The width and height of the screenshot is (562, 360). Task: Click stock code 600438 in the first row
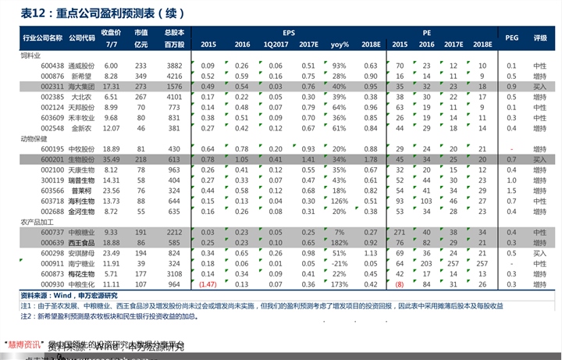click(x=52, y=66)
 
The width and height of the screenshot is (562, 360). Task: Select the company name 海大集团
click(x=82, y=87)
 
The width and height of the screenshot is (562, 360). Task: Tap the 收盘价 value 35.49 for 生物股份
click(x=111, y=159)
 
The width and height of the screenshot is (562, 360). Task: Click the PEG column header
click(x=512, y=37)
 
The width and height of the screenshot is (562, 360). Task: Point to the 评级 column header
click(x=539, y=37)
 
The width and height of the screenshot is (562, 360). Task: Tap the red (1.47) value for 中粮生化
click(x=208, y=284)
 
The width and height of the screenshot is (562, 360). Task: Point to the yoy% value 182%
click(x=339, y=243)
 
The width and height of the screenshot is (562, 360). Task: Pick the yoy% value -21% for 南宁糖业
click(x=339, y=263)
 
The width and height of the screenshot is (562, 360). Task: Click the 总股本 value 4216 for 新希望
click(x=173, y=76)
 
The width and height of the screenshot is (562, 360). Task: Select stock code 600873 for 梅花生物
click(x=52, y=274)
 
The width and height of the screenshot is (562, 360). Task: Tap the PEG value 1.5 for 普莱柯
click(x=512, y=190)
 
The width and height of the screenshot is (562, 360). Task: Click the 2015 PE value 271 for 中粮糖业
click(x=399, y=232)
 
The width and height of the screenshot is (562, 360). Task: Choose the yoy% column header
click(x=339, y=45)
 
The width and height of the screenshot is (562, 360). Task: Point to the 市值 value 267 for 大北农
click(x=141, y=97)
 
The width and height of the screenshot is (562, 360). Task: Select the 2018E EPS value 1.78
click(x=371, y=159)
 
